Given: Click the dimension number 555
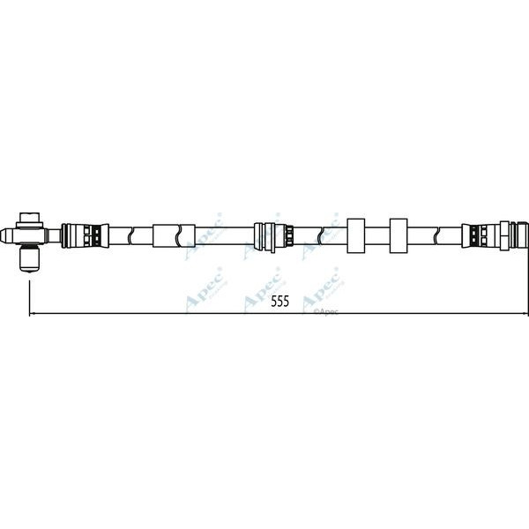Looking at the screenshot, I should tap(279, 302).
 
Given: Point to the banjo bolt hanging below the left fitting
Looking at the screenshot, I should tap(31, 258).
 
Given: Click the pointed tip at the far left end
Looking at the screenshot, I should tap(4, 235).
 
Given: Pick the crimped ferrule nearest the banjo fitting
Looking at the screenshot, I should tap(83, 235).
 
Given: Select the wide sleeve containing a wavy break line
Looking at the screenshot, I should tap(173, 235).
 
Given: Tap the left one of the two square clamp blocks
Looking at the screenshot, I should tap(358, 235).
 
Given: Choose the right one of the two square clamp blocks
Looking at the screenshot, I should tap(398, 235).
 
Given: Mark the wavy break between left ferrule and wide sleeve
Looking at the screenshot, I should tap(130, 235).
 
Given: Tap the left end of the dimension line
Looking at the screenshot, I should tap(32, 313).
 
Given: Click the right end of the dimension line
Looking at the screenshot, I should tap(527, 313).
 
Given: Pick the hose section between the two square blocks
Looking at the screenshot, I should tap(378, 235).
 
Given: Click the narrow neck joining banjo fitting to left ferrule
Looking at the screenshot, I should tap(56, 235).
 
